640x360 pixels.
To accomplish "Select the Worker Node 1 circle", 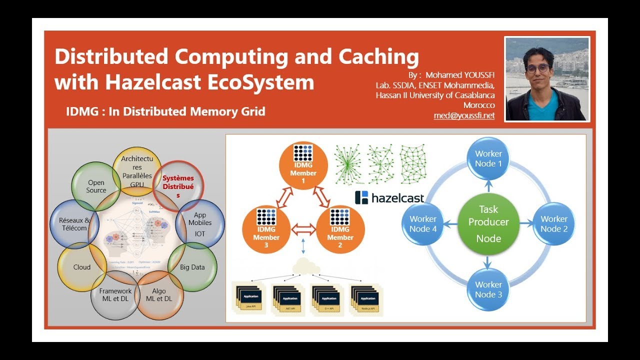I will (488, 158).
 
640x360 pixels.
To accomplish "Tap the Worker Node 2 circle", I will (553, 223).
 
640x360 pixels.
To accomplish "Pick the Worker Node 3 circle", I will (488, 289).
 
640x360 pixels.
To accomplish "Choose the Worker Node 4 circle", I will (422, 223).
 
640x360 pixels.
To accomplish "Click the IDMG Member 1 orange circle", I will (303, 165).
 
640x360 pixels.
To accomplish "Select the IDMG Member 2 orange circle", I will (340, 229).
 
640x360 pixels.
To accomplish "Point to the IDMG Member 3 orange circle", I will (266, 229).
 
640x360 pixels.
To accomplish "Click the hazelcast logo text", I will (397, 198).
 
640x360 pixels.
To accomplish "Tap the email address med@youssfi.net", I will (464, 115).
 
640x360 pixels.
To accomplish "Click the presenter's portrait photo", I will (547, 79).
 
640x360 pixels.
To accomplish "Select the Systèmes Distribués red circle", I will (178, 186).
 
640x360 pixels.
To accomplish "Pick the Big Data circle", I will (192, 267).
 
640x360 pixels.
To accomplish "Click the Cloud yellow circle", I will (82, 267).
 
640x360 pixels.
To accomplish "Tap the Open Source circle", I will (96, 186).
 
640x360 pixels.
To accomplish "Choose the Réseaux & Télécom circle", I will (74, 224).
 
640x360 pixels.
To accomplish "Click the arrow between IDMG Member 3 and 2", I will (303, 230).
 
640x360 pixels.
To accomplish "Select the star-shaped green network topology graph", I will (348, 164).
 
